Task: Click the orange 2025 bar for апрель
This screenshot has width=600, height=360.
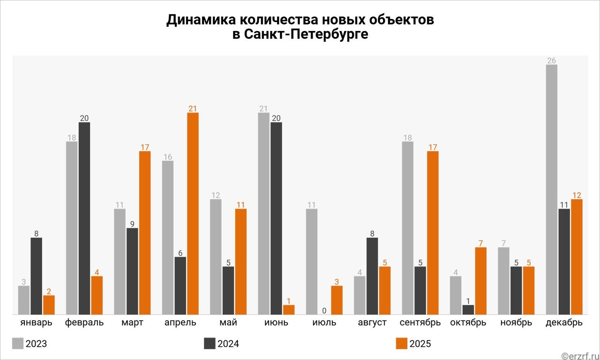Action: [x=193, y=213]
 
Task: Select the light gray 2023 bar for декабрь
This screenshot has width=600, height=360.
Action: [x=552, y=189]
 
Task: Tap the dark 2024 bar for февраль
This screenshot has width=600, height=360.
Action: [x=84, y=218]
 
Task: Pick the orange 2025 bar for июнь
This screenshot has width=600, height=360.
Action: [x=289, y=309]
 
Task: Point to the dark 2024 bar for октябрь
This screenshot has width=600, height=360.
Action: [x=468, y=309]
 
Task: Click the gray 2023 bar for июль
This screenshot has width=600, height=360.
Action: [x=312, y=261]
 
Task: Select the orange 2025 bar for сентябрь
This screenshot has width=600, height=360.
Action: [x=433, y=232]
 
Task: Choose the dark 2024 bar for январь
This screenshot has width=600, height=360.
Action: [x=37, y=276]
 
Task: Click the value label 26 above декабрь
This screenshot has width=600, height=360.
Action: [x=552, y=60]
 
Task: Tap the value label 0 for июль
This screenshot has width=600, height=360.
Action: [x=324, y=310]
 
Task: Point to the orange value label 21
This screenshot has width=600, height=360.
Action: [x=193, y=109]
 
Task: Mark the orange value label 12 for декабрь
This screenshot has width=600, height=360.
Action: [x=577, y=195]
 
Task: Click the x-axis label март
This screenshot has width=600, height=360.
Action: [x=132, y=322]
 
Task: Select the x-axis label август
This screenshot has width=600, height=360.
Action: [x=372, y=322]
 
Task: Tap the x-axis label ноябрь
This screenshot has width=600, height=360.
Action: [x=516, y=322]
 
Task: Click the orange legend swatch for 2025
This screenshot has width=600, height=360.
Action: [x=402, y=343]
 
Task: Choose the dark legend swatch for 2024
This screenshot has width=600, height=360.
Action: [x=210, y=343]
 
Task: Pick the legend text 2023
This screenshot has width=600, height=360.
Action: [x=36, y=344]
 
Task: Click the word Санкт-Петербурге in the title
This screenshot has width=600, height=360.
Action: [x=300, y=35]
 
